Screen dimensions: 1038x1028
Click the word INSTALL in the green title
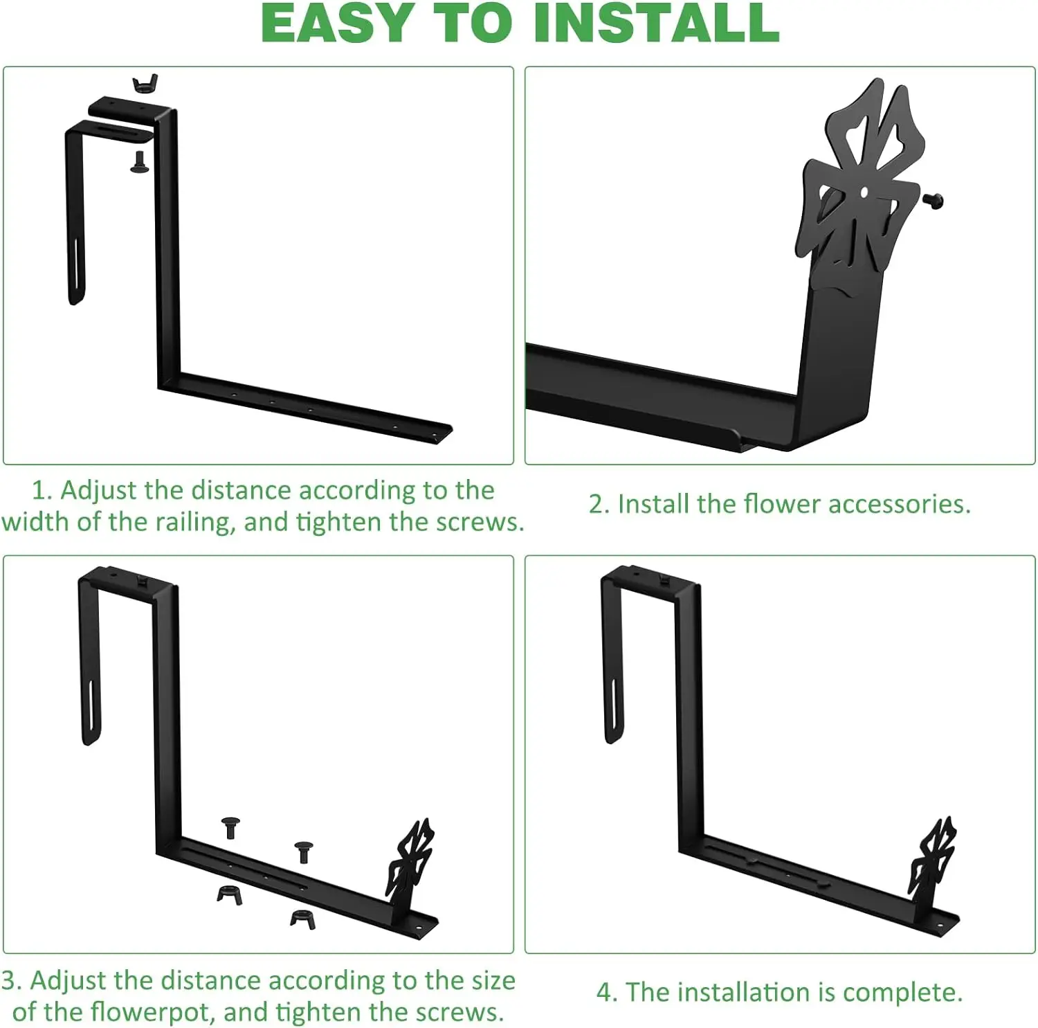point(656,23)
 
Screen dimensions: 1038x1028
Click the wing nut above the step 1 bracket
point(145,83)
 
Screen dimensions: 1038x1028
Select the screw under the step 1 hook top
point(139,162)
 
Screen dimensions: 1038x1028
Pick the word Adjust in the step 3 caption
point(68,980)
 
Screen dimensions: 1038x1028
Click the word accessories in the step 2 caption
point(900,503)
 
